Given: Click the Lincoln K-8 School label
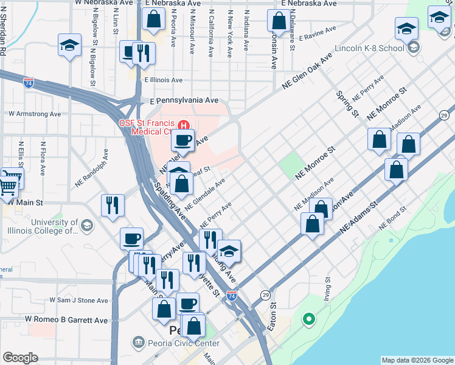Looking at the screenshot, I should point(373,47).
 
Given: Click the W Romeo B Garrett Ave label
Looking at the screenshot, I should point(66,320).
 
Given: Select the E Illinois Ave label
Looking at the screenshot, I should point(163,80).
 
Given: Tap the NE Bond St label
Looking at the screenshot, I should point(392,221).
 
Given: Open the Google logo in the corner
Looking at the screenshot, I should point(20,358).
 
